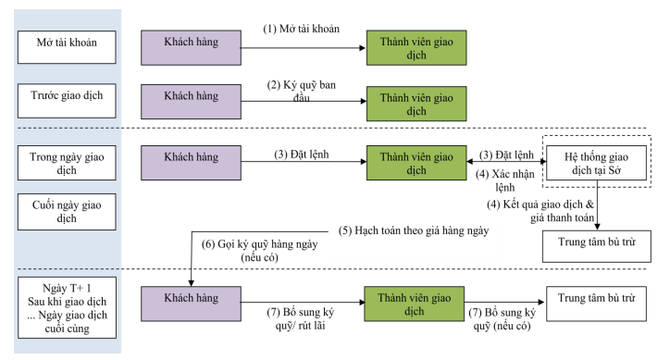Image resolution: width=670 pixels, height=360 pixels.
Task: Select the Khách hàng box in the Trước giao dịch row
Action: coord(191,96)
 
